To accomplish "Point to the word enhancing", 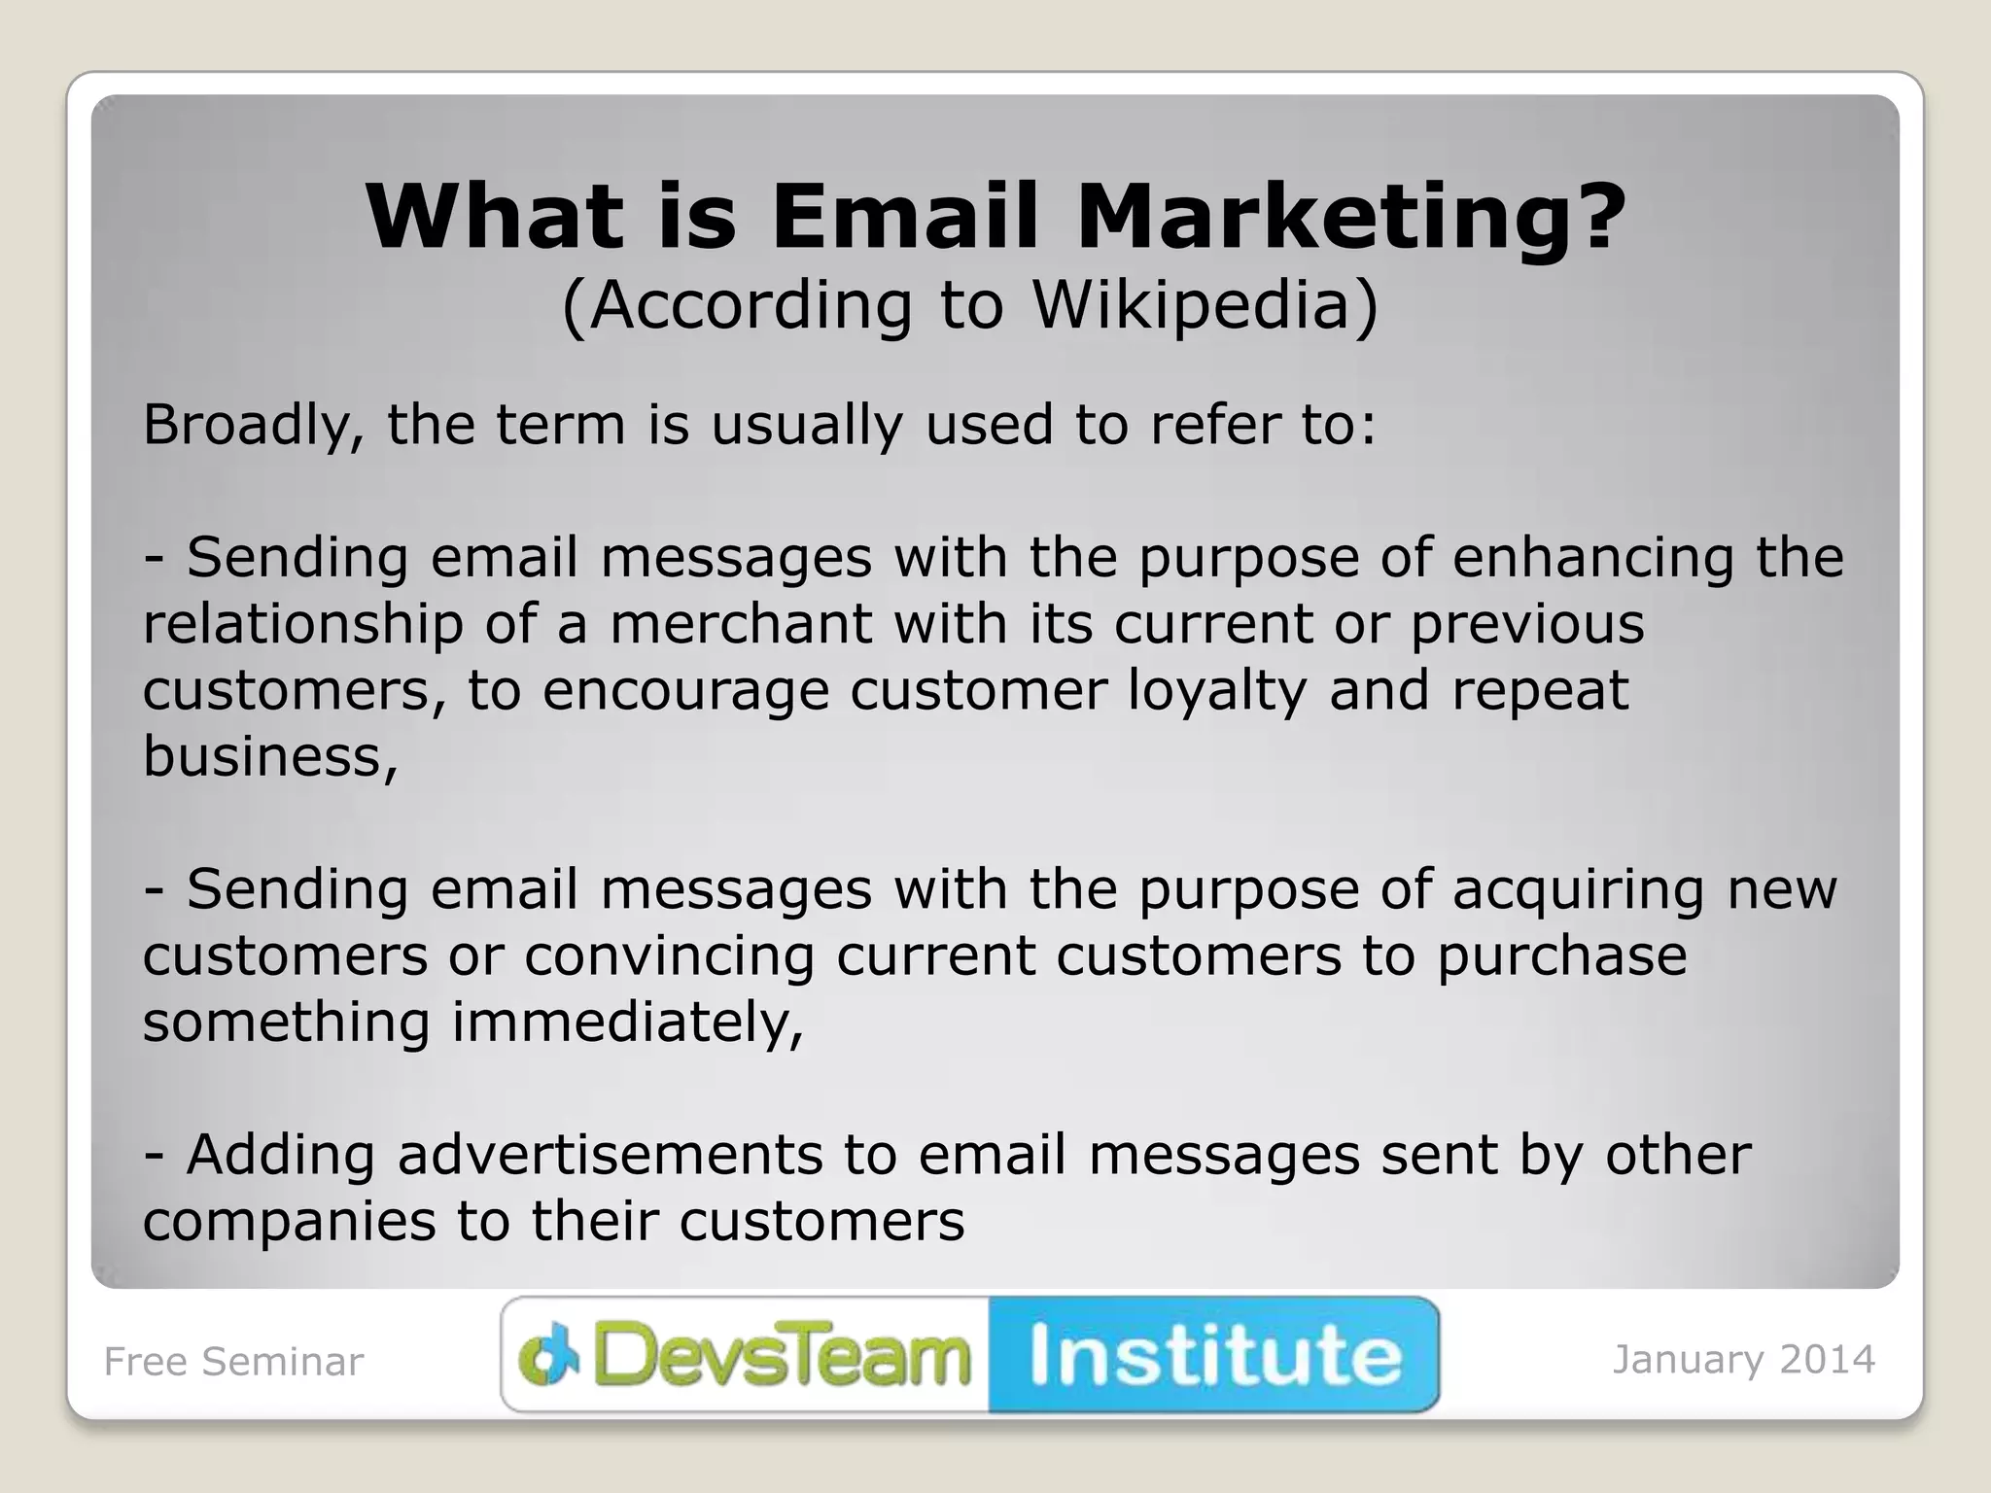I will point(1592,559).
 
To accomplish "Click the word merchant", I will point(740,624).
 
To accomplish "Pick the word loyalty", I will point(1217,691).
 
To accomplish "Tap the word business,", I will point(270,756).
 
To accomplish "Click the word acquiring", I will point(1578,890).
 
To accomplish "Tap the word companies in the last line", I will point(289,1222).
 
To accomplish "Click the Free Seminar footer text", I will point(233,1362).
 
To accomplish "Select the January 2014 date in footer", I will point(1743,1360).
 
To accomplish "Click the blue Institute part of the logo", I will point(1214,1355).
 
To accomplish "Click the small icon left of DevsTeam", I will point(548,1355).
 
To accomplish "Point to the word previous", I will point(1527,624).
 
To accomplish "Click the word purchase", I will point(1561,956).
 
